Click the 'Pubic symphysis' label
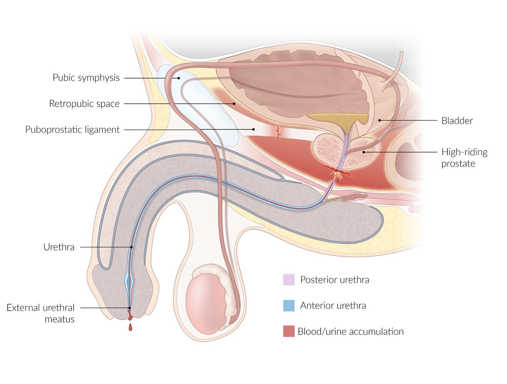point(86,78)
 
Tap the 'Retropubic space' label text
point(84,104)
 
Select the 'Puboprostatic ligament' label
point(72,130)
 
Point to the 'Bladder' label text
point(457,121)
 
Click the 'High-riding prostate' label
point(464,158)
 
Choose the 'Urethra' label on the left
point(59,247)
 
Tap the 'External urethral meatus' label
point(41,313)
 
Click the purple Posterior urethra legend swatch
point(289,280)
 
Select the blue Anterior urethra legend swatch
point(289,306)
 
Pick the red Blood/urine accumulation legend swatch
point(289,331)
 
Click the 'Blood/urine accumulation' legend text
point(351,331)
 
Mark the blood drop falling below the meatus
point(130,327)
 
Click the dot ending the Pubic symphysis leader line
point(179,78)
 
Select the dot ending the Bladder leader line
point(379,121)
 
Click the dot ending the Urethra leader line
point(131,247)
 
